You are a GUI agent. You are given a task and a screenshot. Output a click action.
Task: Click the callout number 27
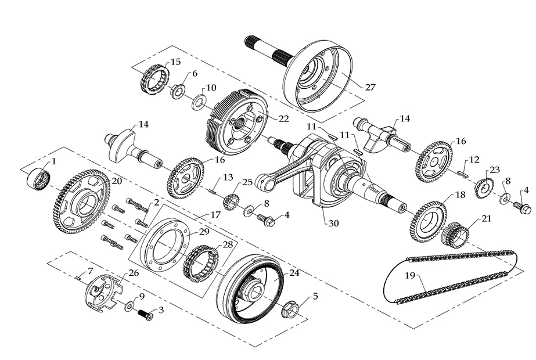370,87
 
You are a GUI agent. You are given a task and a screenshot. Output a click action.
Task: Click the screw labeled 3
143,314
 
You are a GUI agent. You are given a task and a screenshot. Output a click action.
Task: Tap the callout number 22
283,118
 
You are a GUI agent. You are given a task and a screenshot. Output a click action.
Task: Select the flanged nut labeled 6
177,90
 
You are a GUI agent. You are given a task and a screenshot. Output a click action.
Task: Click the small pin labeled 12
462,171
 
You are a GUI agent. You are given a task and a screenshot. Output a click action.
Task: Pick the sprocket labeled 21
456,234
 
